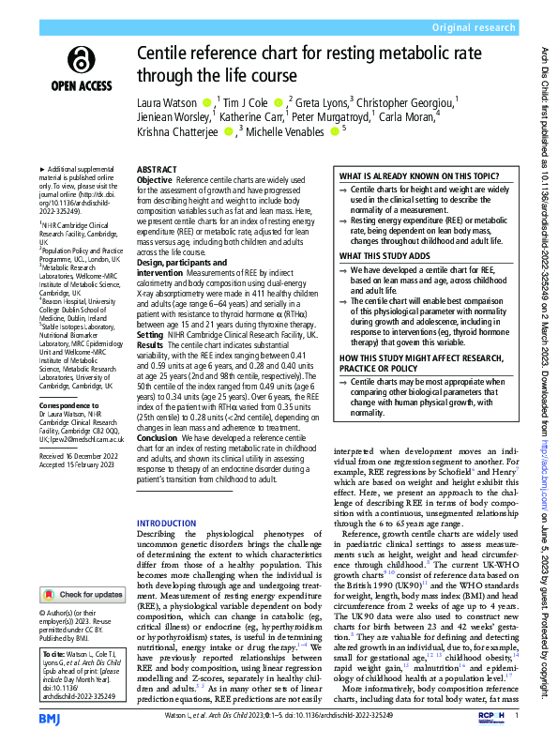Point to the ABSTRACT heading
157,171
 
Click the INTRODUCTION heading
168,524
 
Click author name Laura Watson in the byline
167,101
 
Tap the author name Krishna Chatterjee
176,131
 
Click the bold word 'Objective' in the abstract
155,179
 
